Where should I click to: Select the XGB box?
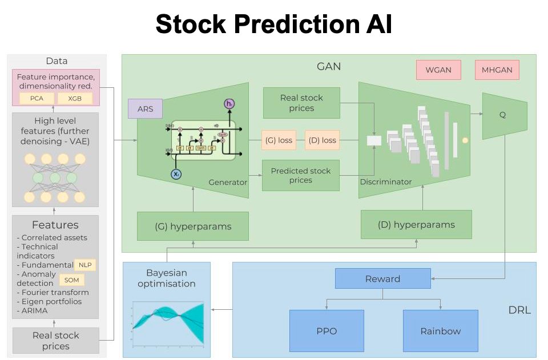click(75, 99)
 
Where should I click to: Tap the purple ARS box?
click(145, 108)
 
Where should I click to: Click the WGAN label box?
click(438, 70)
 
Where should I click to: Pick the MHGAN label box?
click(497, 70)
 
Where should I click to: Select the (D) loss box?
click(321, 140)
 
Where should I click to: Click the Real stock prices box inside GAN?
click(301, 103)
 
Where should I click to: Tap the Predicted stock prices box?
click(301, 175)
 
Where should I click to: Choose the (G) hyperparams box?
click(193, 226)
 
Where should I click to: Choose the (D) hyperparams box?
click(416, 224)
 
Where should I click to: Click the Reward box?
click(382, 278)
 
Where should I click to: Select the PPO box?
click(327, 330)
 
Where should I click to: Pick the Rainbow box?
click(440, 330)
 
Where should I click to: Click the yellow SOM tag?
click(71, 280)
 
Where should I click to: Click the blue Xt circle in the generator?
click(176, 174)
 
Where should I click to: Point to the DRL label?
click(519, 310)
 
